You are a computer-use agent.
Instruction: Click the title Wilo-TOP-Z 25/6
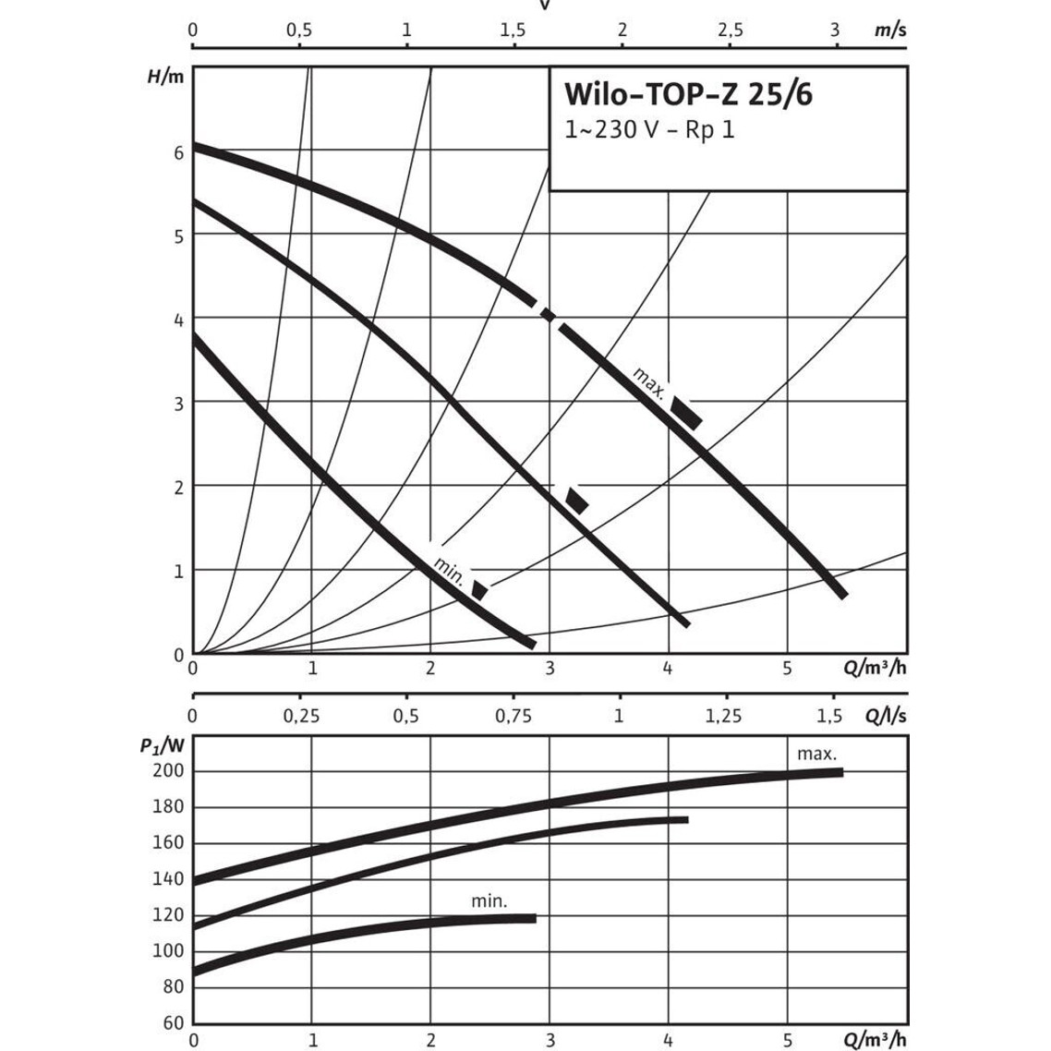[688, 94]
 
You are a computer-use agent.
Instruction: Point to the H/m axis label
[165, 77]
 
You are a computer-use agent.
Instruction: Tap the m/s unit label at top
[890, 30]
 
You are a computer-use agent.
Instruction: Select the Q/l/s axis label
[886, 715]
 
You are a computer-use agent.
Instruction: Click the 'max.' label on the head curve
[649, 382]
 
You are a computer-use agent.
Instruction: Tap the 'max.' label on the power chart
[816, 754]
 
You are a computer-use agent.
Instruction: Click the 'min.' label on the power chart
[489, 901]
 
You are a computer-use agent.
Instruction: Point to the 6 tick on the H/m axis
[179, 151]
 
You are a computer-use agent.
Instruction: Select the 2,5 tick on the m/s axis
[730, 30]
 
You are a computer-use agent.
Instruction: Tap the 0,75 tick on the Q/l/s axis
[513, 715]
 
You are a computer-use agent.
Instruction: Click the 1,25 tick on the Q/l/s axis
[724, 715]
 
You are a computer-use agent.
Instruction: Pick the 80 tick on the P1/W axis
[173, 986]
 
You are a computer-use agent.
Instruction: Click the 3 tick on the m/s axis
[835, 30]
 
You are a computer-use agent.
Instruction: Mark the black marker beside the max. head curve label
[687, 412]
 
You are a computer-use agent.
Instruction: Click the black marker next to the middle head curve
[577, 500]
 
